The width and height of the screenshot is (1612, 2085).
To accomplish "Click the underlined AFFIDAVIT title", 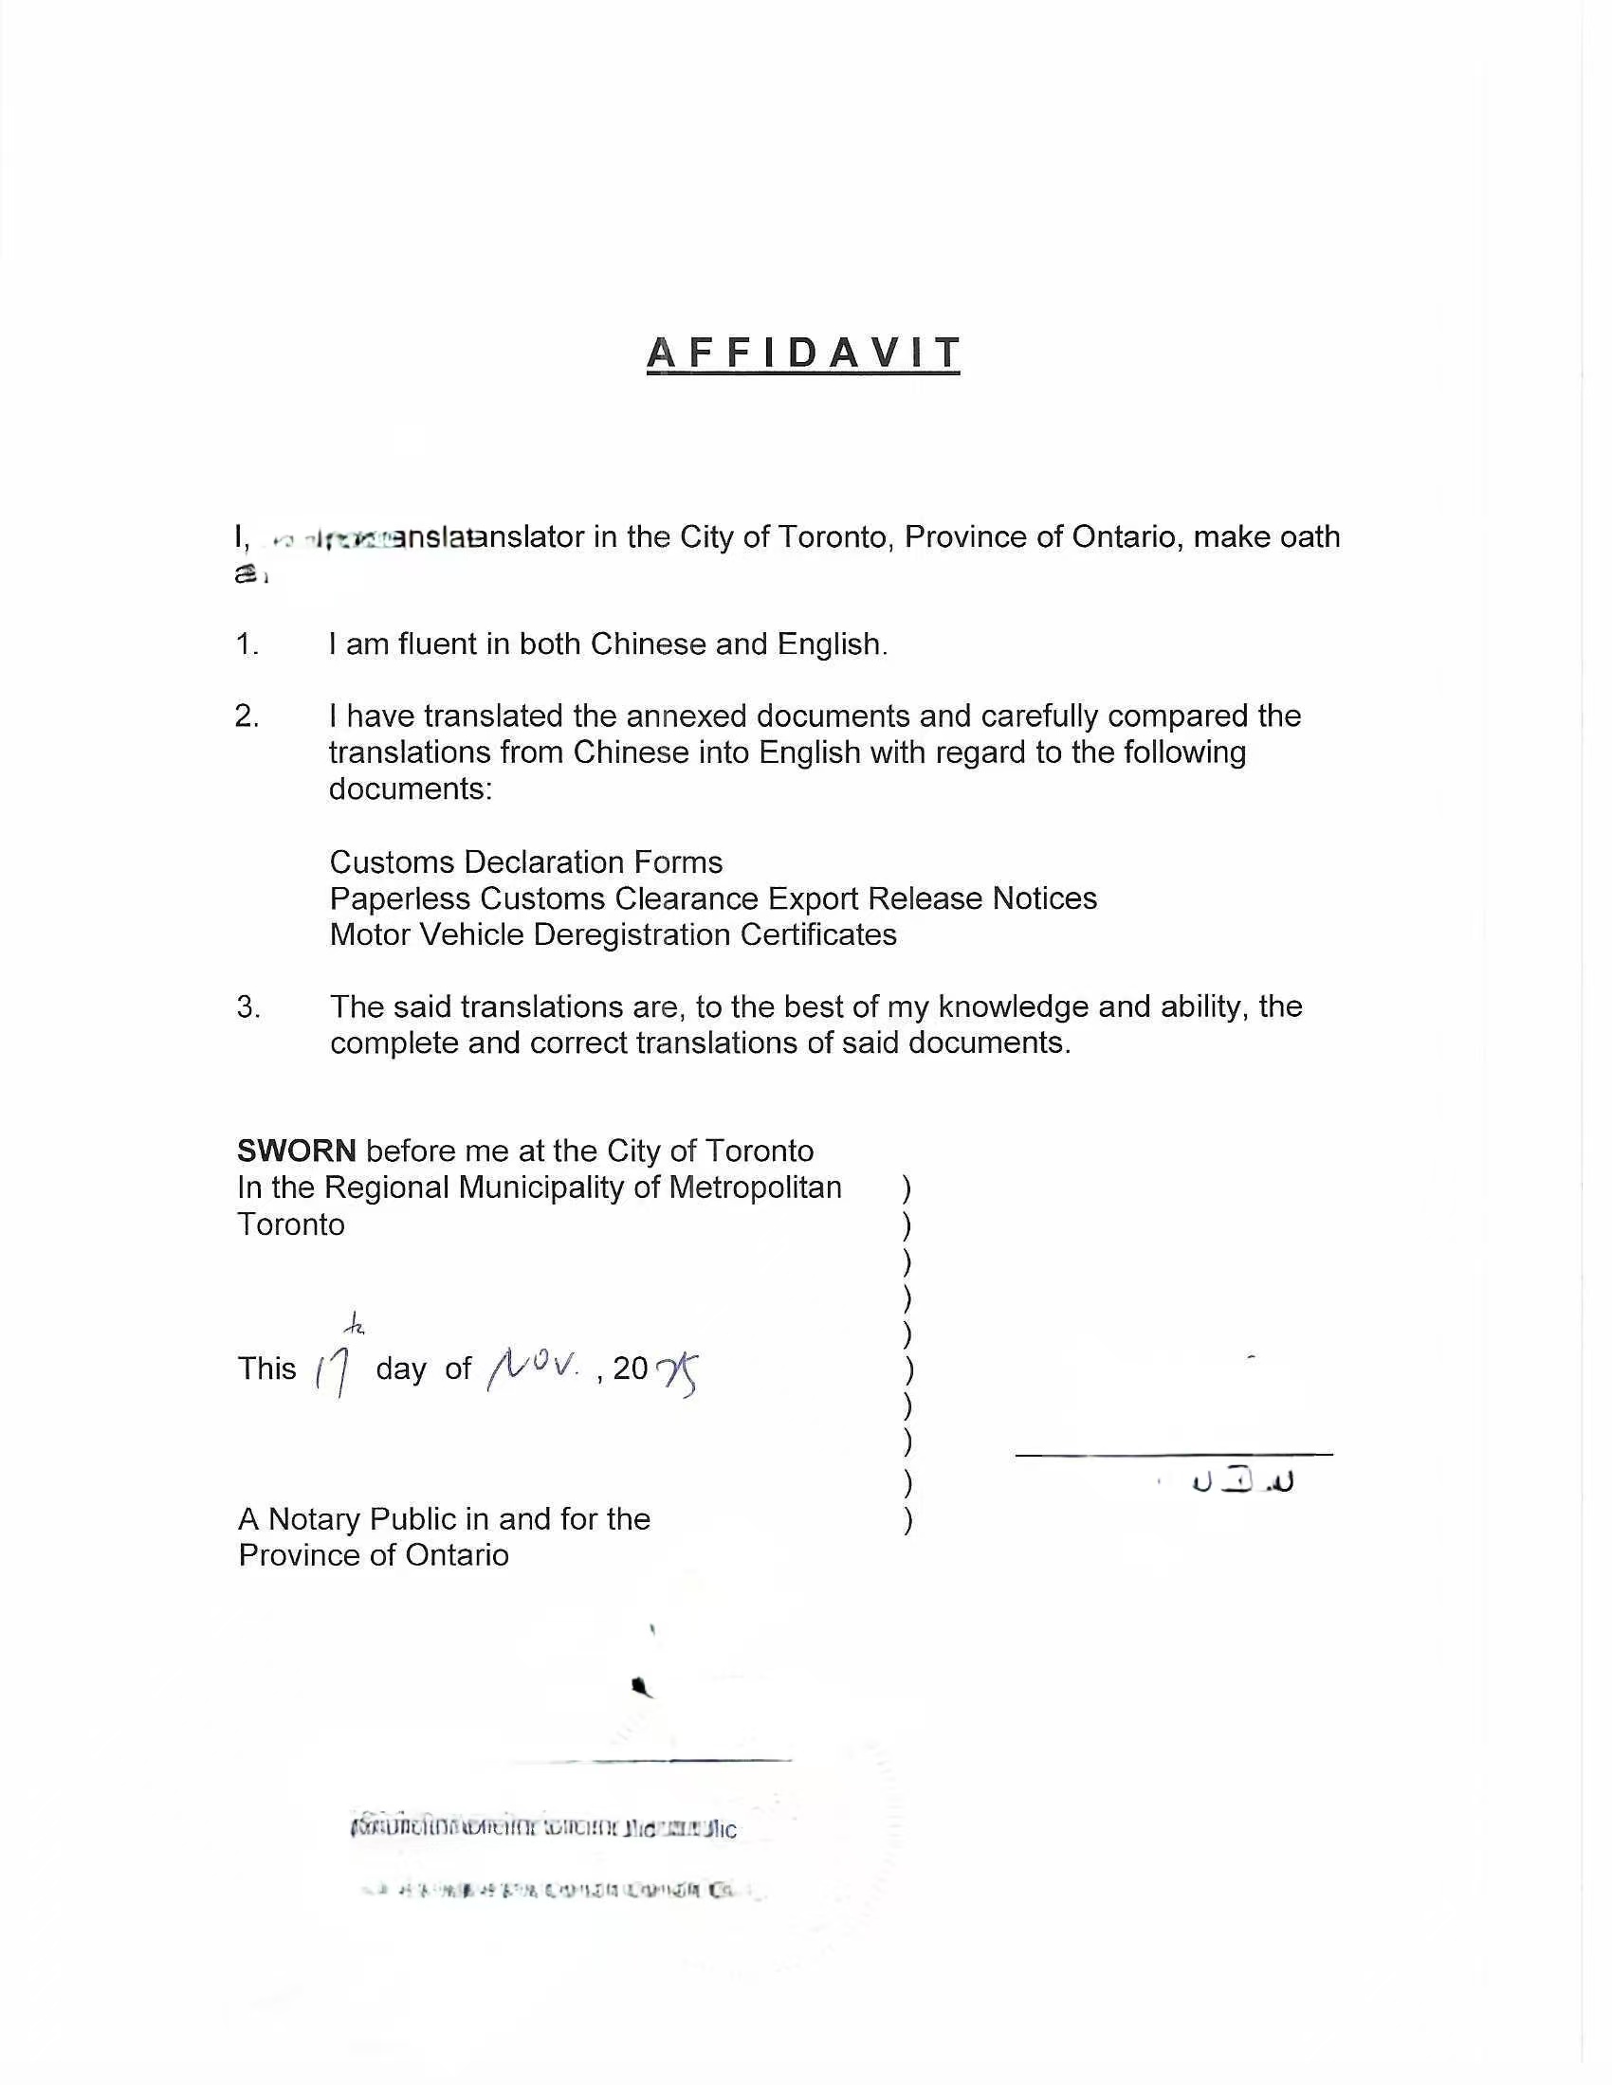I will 803,354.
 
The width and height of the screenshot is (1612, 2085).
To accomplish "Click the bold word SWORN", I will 296,1151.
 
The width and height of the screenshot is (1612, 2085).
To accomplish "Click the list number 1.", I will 247,644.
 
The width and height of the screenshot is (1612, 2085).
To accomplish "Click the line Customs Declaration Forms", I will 526,862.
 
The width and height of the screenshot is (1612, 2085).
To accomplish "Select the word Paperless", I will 400,898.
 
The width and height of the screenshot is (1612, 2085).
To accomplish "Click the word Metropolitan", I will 756,1188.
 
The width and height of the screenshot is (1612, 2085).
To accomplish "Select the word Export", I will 813,898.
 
